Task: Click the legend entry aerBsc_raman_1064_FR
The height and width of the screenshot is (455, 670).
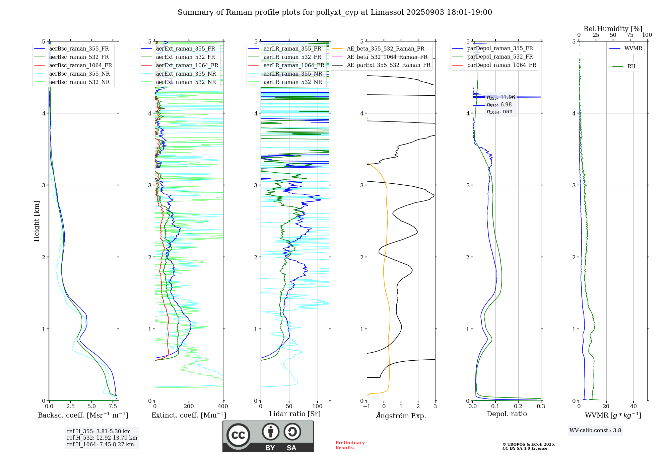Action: click(x=80, y=66)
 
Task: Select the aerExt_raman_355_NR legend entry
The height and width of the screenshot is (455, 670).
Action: click(x=186, y=74)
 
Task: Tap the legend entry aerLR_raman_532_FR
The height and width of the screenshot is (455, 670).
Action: click(x=292, y=57)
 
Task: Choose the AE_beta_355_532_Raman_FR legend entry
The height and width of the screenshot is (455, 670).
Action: click(x=385, y=49)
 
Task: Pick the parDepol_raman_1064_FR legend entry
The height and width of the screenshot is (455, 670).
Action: click(x=501, y=65)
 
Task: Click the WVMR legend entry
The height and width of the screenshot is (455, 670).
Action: click(x=633, y=49)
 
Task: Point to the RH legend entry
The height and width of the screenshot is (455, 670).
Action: click(x=631, y=67)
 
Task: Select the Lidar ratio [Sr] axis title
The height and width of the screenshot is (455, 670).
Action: click(x=295, y=414)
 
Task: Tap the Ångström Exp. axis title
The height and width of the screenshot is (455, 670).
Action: click(x=401, y=416)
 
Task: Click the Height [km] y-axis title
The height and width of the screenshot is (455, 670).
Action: click(x=37, y=221)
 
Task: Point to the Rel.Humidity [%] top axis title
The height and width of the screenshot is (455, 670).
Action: click(x=613, y=29)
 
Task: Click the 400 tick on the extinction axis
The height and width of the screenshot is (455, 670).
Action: click(x=223, y=406)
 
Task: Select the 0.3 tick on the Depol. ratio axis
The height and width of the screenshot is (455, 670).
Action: click(x=541, y=406)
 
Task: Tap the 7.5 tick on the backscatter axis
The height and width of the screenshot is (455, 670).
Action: click(x=113, y=406)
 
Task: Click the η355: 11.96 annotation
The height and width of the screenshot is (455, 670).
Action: click(x=501, y=97)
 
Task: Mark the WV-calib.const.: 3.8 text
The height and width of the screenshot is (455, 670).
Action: click(x=595, y=431)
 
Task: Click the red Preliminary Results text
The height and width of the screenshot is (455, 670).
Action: click(x=350, y=445)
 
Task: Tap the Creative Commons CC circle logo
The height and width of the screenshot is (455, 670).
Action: click(x=238, y=435)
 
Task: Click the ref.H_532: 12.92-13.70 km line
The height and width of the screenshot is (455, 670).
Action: click(x=102, y=438)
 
